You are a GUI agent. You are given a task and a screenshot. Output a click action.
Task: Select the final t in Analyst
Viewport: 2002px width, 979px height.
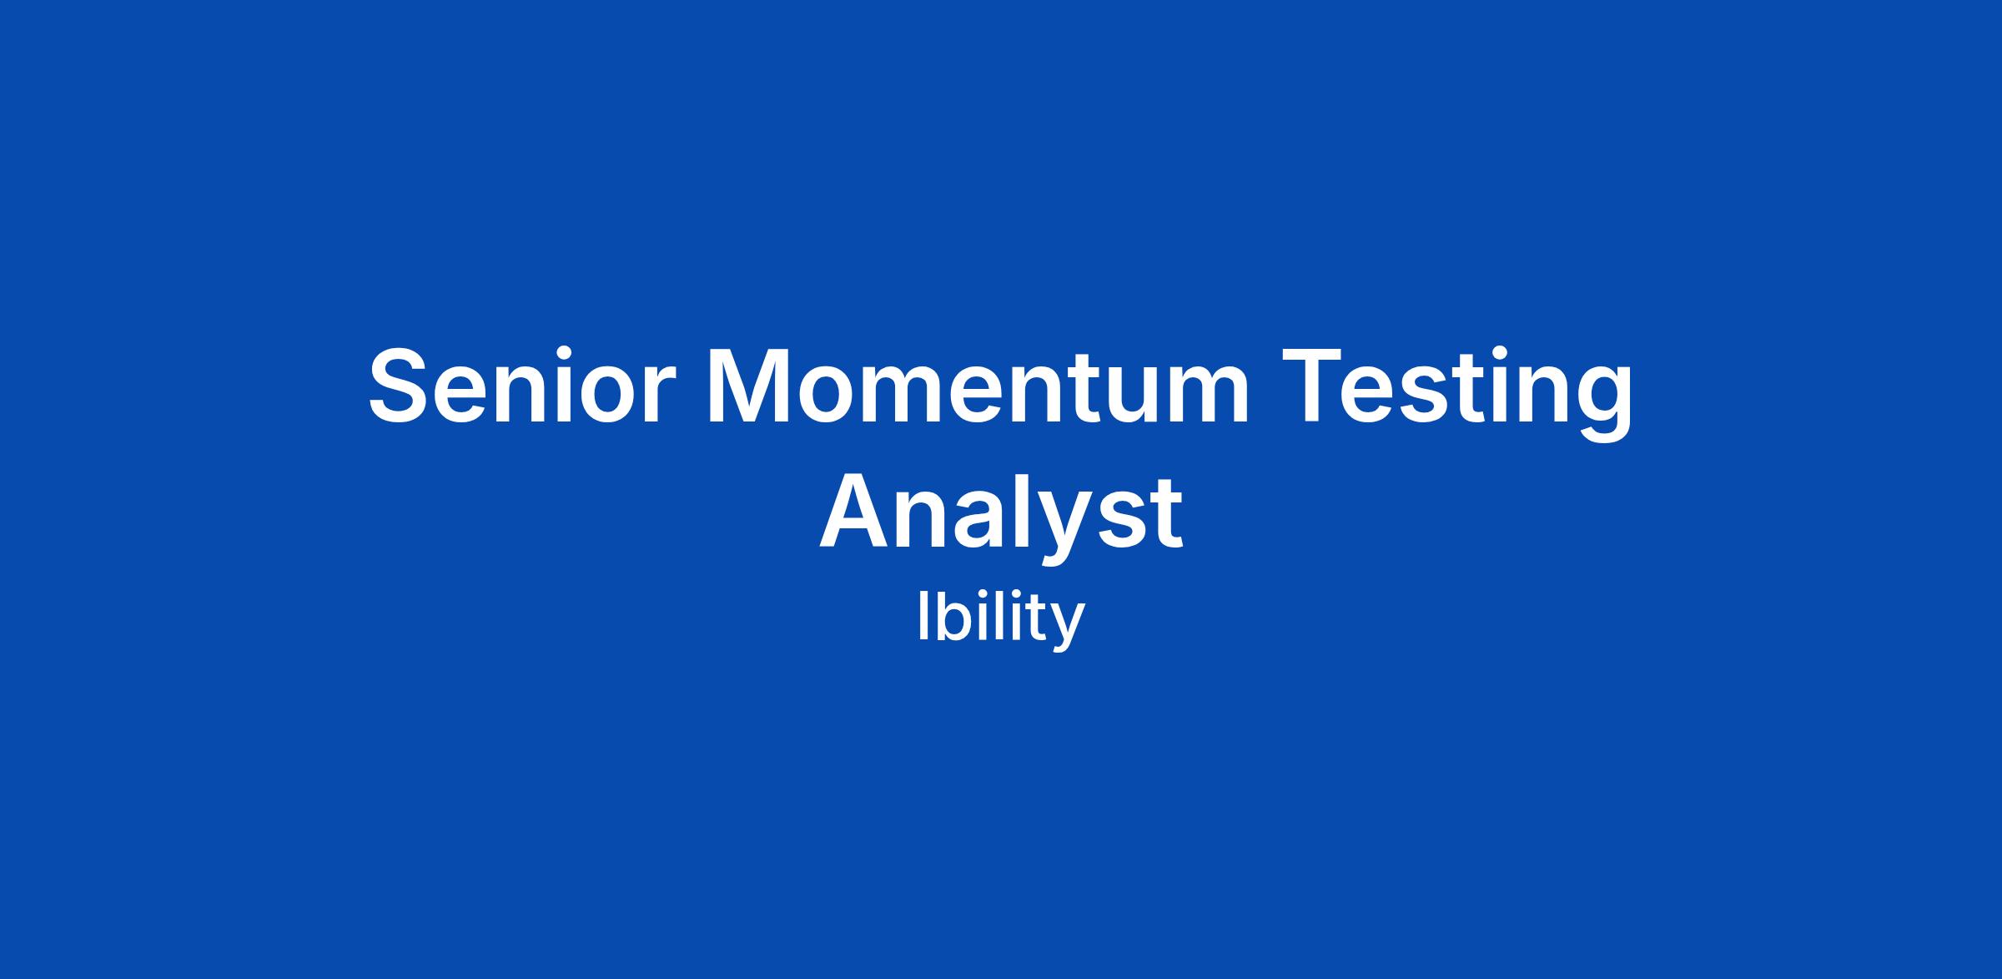(1163, 515)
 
